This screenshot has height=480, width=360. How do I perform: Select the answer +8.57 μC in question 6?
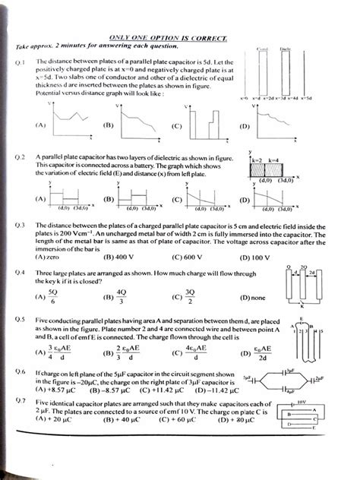54,388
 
